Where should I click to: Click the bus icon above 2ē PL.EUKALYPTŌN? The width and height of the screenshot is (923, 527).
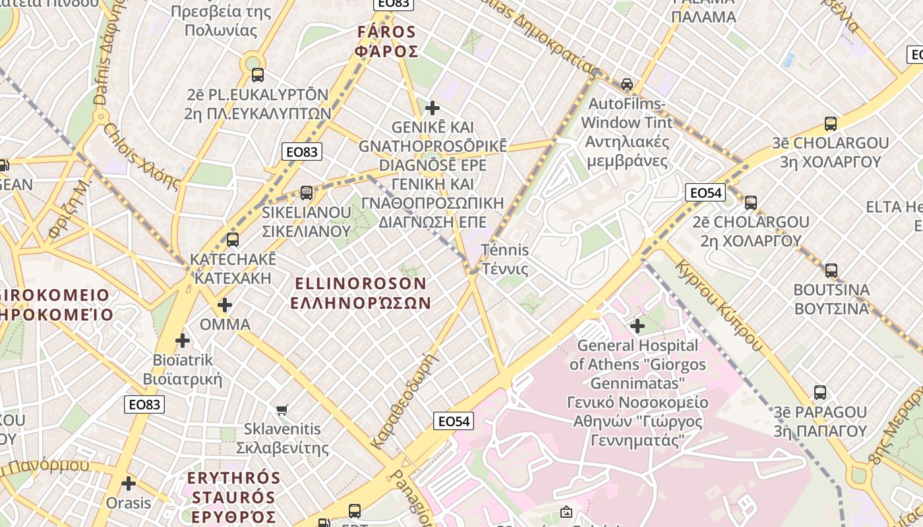258,75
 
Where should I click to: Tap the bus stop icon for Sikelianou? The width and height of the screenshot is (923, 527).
307,193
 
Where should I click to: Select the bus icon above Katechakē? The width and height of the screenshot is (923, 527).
232,240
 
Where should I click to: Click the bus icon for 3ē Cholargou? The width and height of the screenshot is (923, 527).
831,124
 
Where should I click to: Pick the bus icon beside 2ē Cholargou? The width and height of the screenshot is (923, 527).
751,203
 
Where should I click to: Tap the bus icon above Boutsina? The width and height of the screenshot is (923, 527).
831,271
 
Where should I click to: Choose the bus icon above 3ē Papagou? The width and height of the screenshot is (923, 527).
820,393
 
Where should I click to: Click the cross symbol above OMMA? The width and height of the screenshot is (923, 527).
225,305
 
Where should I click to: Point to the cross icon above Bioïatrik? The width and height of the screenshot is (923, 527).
183,341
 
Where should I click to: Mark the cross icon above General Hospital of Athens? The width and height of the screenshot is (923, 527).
638,325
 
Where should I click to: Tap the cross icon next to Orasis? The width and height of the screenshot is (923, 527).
129,484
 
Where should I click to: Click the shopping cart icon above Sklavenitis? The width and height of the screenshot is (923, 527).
282,410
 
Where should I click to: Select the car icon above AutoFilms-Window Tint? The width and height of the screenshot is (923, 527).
627,84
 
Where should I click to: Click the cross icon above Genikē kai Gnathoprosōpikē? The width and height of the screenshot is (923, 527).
432,107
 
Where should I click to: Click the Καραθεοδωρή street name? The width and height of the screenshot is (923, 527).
405,401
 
